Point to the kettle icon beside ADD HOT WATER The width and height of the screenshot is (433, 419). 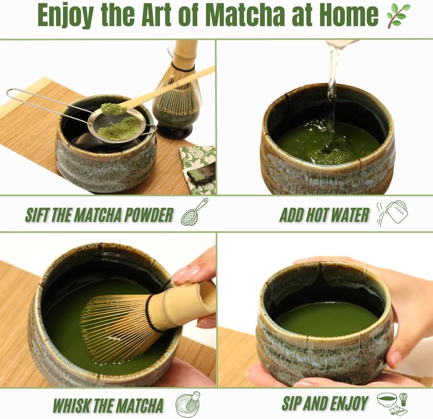tap(393, 213)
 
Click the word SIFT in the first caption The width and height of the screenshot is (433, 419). tap(37, 215)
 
